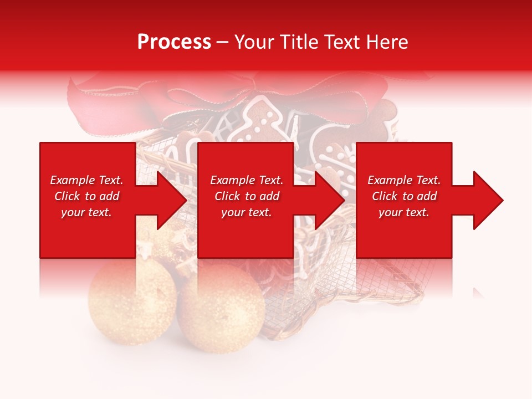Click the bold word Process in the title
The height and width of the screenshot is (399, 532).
point(174,42)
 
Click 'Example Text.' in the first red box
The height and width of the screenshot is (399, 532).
point(86,180)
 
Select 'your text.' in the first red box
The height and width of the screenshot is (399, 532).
point(86,212)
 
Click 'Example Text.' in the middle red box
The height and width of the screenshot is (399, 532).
point(247,180)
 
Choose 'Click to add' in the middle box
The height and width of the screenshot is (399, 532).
point(247,196)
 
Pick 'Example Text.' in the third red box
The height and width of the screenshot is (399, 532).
point(404,180)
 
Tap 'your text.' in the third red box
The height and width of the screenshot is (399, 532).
point(404,212)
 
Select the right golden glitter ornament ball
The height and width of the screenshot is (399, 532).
point(222,310)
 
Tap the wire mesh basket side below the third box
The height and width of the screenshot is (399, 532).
point(399,277)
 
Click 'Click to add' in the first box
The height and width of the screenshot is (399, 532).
point(86,196)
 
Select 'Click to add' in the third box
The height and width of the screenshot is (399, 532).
point(404,196)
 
